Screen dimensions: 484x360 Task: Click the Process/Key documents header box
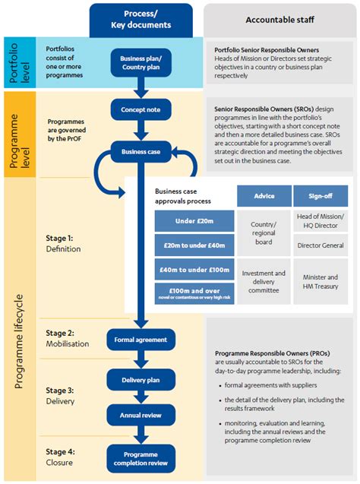tap(145, 20)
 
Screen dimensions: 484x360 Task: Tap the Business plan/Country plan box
tap(141, 62)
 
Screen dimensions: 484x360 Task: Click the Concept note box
tap(141, 109)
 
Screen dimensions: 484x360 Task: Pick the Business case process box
tap(141, 151)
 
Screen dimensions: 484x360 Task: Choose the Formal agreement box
tap(141, 339)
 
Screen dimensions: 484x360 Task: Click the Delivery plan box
tap(141, 380)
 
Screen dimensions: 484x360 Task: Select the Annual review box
tap(141, 415)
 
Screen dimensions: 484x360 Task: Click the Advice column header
tap(263, 196)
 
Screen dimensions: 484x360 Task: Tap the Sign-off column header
tap(320, 196)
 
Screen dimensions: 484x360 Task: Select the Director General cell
tap(320, 246)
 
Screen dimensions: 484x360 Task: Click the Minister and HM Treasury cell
tap(320, 282)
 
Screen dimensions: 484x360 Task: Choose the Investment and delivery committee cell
tap(263, 282)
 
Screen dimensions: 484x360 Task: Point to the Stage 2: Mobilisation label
tap(69, 338)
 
